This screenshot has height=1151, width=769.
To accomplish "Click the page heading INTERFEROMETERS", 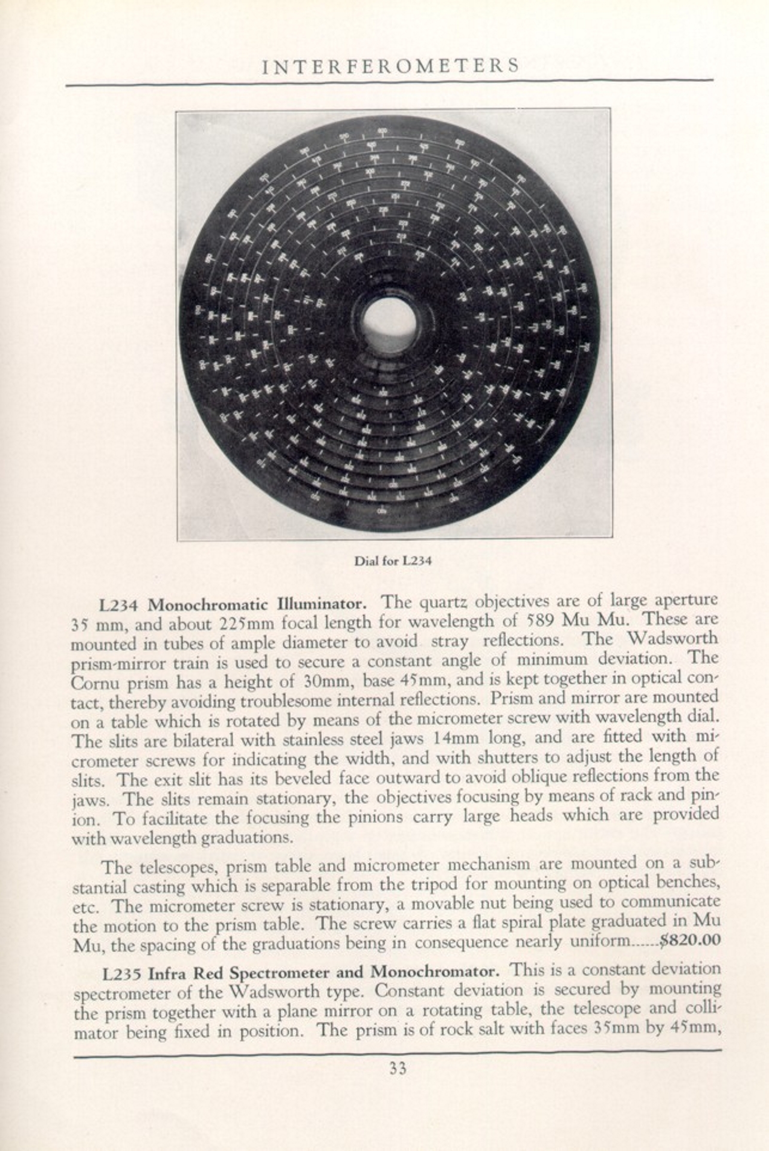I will (390, 65).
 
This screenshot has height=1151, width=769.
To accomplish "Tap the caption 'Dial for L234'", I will (393, 561).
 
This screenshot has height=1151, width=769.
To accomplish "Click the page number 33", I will (398, 1068).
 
